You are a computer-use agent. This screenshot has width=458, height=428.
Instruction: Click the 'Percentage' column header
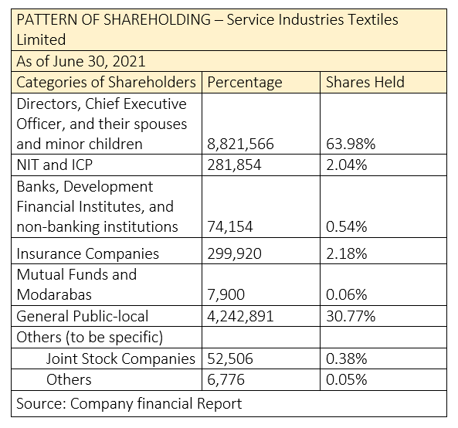pyautogui.click(x=245, y=83)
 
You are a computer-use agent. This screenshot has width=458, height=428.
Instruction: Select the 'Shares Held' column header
pyautogui.click(x=365, y=82)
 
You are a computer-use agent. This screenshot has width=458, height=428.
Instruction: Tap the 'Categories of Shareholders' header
pyautogui.click(x=106, y=83)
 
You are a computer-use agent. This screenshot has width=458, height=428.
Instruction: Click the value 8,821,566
pyautogui.click(x=240, y=144)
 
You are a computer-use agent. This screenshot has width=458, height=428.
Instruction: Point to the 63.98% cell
pyautogui.click(x=351, y=144)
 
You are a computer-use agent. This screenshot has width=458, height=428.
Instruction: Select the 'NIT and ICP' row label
pyautogui.click(x=55, y=165)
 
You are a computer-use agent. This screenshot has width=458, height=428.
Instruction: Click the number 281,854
pyautogui.click(x=234, y=165)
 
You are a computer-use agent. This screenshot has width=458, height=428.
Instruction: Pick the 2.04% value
pyautogui.click(x=347, y=165)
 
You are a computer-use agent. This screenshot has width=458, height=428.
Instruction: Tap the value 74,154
pyautogui.click(x=230, y=226)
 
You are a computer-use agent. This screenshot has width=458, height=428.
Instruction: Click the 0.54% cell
pyautogui.click(x=347, y=226)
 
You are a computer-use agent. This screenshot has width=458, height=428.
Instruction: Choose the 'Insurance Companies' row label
pyautogui.click(x=87, y=253)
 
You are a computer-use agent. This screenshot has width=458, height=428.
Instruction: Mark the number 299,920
pyautogui.click(x=234, y=253)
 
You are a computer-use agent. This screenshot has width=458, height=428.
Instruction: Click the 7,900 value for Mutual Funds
pyautogui.click(x=226, y=294)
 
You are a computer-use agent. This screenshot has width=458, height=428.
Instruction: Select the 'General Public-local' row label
pyautogui.click(x=83, y=316)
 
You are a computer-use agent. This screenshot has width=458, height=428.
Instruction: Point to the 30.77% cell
pyautogui.click(x=351, y=317)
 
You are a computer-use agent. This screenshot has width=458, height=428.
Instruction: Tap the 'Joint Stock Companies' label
pyautogui.click(x=120, y=358)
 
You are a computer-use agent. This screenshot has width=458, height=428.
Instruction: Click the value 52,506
pyautogui.click(x=230, y=359)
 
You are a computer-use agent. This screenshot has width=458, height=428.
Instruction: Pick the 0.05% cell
pyautogui.click(x=347, y=380)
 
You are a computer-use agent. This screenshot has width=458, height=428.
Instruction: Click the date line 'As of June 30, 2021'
pyautogui.click(x=81, y=62)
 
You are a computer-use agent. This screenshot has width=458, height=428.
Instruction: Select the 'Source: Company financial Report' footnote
pyautogui.click(x=129, y=404)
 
